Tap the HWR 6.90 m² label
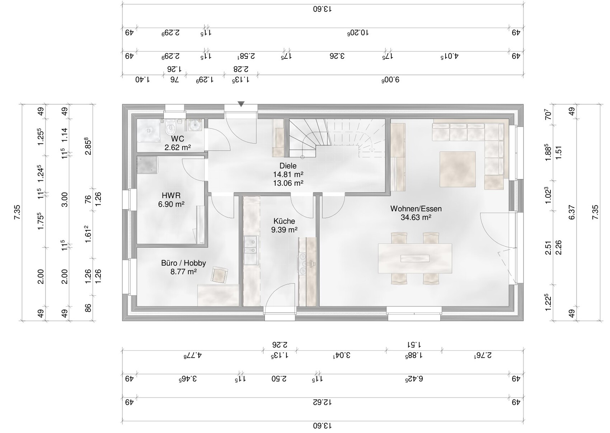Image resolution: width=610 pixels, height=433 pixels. tap(171, 200)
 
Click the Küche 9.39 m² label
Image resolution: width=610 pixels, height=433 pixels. tap(284, 225)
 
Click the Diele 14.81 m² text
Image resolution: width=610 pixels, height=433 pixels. tap(288, 174)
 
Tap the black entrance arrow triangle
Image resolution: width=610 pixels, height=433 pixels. tap(241, 104)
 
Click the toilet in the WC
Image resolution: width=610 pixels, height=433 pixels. tap(170, 127)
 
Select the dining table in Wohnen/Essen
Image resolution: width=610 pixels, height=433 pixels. tap(415, 258)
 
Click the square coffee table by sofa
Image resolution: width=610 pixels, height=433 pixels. tap(458, 169)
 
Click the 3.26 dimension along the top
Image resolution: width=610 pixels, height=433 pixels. tap(337, 56)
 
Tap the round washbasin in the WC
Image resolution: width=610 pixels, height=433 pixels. tap(195, 127)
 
